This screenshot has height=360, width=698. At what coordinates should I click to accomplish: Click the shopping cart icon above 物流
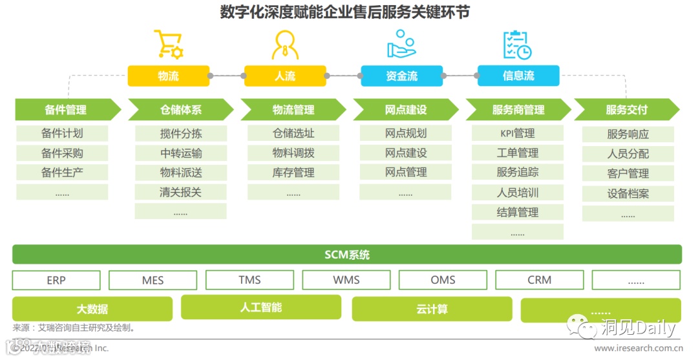click(167, 44)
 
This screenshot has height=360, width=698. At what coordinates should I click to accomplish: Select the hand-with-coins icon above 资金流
click(401, 44)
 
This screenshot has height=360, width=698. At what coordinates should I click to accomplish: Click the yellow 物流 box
click(168, 76)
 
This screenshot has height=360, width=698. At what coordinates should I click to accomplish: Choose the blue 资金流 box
click(401, 76)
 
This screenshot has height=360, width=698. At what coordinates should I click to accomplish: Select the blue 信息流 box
click(518, 76)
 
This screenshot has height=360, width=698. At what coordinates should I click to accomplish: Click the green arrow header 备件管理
click(66, 110)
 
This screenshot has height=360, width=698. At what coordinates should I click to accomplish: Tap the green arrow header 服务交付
click(626, 110)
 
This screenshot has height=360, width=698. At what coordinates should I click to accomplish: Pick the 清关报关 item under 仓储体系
click(180, 192)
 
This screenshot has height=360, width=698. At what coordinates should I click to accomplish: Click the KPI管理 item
click(517, 134)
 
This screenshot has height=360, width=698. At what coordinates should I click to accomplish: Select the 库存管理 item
click(293, 173)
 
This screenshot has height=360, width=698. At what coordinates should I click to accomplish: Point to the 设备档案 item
click(628, 193)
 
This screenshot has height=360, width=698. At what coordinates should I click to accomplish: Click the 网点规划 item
click(405, 134)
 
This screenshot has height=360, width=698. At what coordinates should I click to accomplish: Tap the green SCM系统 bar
click(347, 255)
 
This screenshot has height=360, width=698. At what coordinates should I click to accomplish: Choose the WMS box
click(346, 280)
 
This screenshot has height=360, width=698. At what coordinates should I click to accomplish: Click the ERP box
click(56, 280)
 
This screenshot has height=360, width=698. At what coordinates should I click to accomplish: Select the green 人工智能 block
click(260, 307)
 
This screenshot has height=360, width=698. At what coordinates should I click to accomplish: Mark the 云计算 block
click(432, 309)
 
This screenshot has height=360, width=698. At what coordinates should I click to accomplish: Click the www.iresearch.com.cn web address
click(637, 348)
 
